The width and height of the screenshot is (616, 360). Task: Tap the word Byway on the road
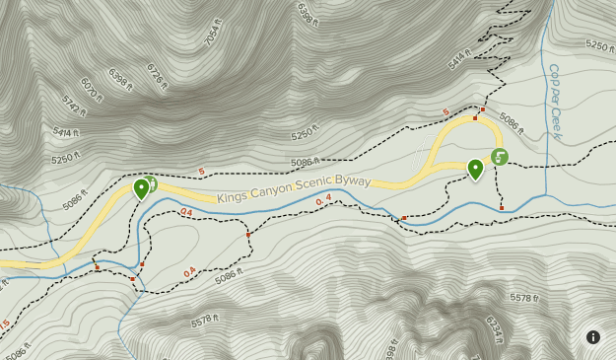click(x=352, y=181)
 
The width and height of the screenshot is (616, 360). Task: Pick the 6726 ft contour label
click(x=156, y=75)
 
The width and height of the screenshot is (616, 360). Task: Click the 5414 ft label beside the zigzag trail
click(x=460, y=59)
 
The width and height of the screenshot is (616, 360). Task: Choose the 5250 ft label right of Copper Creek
click(x=598, y=45)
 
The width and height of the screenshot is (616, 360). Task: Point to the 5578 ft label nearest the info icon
click(x=523, y=297)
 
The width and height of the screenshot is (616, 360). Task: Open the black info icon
click(x=593, y=337)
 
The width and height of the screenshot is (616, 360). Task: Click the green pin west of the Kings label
click(x=142, y=186)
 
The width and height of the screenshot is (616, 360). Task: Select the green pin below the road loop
click(x=475, y=169)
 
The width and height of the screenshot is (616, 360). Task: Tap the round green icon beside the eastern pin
click(x=499, y=156)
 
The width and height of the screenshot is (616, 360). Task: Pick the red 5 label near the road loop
click(x=445, y=111)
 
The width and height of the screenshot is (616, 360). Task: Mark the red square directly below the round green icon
click(x=502, y=208)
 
